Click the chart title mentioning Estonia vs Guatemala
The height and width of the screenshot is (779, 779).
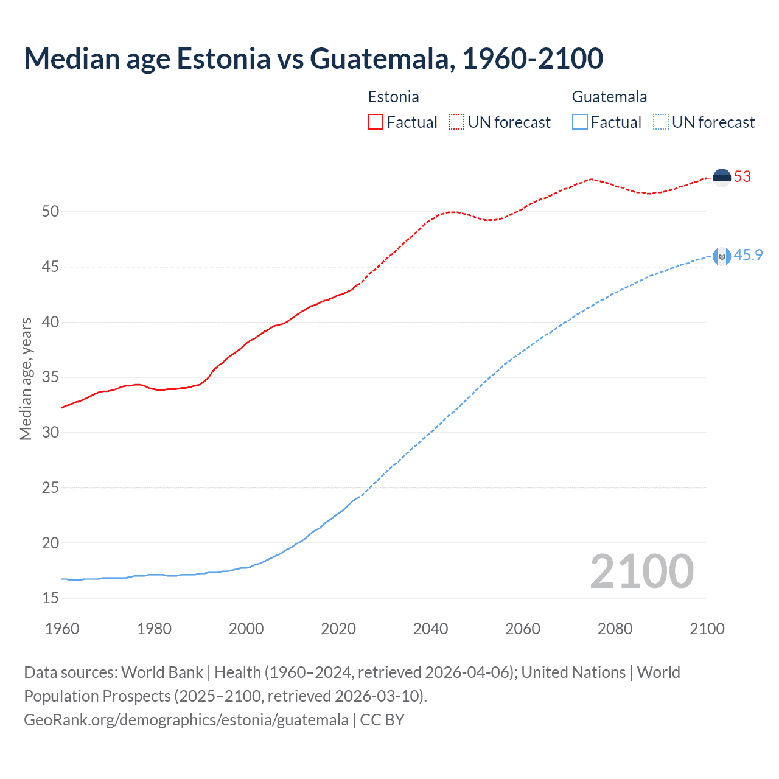click(313, 58)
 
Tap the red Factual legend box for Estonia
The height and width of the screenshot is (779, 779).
click(376, 122)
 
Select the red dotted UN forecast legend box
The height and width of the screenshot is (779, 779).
click(456, 122)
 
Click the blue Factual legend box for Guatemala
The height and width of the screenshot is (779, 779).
click(580, 122)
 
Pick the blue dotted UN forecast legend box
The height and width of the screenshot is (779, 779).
click(661, 122)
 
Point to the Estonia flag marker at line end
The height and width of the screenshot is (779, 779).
click(722, 177)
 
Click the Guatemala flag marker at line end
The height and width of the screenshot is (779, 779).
click(722, 256)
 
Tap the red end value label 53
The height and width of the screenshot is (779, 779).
click(742, 177)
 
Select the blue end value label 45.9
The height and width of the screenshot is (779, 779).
click(748, 256)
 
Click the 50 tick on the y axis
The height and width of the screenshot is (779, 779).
click(51, 212)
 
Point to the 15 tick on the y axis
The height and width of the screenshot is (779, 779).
click(51, 598)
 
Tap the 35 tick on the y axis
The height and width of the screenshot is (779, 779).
click(51, 377)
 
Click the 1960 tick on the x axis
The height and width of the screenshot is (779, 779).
click(62, 629)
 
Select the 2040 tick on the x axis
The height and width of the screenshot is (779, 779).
click(430, 629)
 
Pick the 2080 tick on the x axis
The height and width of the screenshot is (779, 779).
click(615, 629)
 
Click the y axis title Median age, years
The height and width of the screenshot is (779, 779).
click(26, 379)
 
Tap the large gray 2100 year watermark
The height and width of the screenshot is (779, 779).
click(641, 571)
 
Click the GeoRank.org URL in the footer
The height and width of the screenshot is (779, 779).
click(186, 720)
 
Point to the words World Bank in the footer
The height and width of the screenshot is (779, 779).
click(162, 672)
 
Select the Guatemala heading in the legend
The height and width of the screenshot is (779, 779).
click(609, 97)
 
